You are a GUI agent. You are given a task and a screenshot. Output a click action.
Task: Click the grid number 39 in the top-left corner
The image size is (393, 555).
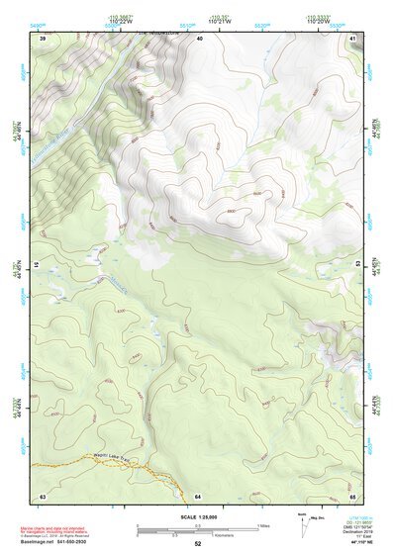pyautogui.click(x=43, y=38)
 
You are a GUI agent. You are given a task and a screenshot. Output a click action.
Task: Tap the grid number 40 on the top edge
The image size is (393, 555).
pyautogui.click(x=199, y=38)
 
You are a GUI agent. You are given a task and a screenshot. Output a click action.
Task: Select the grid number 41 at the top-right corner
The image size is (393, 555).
pyautogui.click(x=352, y=38)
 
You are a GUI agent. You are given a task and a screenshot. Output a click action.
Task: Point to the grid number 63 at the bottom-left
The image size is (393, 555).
pyautogui.click(x=43, y=495)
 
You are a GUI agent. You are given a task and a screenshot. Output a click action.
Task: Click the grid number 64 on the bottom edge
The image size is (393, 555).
pyautogui.click(x=198, y=495)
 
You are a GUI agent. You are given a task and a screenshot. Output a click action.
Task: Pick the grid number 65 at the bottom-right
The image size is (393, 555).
pyautogui.click(x=352, y=495)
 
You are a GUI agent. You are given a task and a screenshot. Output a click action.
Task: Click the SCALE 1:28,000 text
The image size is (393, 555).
pyautogui.click(x=197, y=517)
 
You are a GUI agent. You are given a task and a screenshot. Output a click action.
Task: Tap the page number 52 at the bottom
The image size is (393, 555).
pyautogui.click(x=197, y=544)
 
